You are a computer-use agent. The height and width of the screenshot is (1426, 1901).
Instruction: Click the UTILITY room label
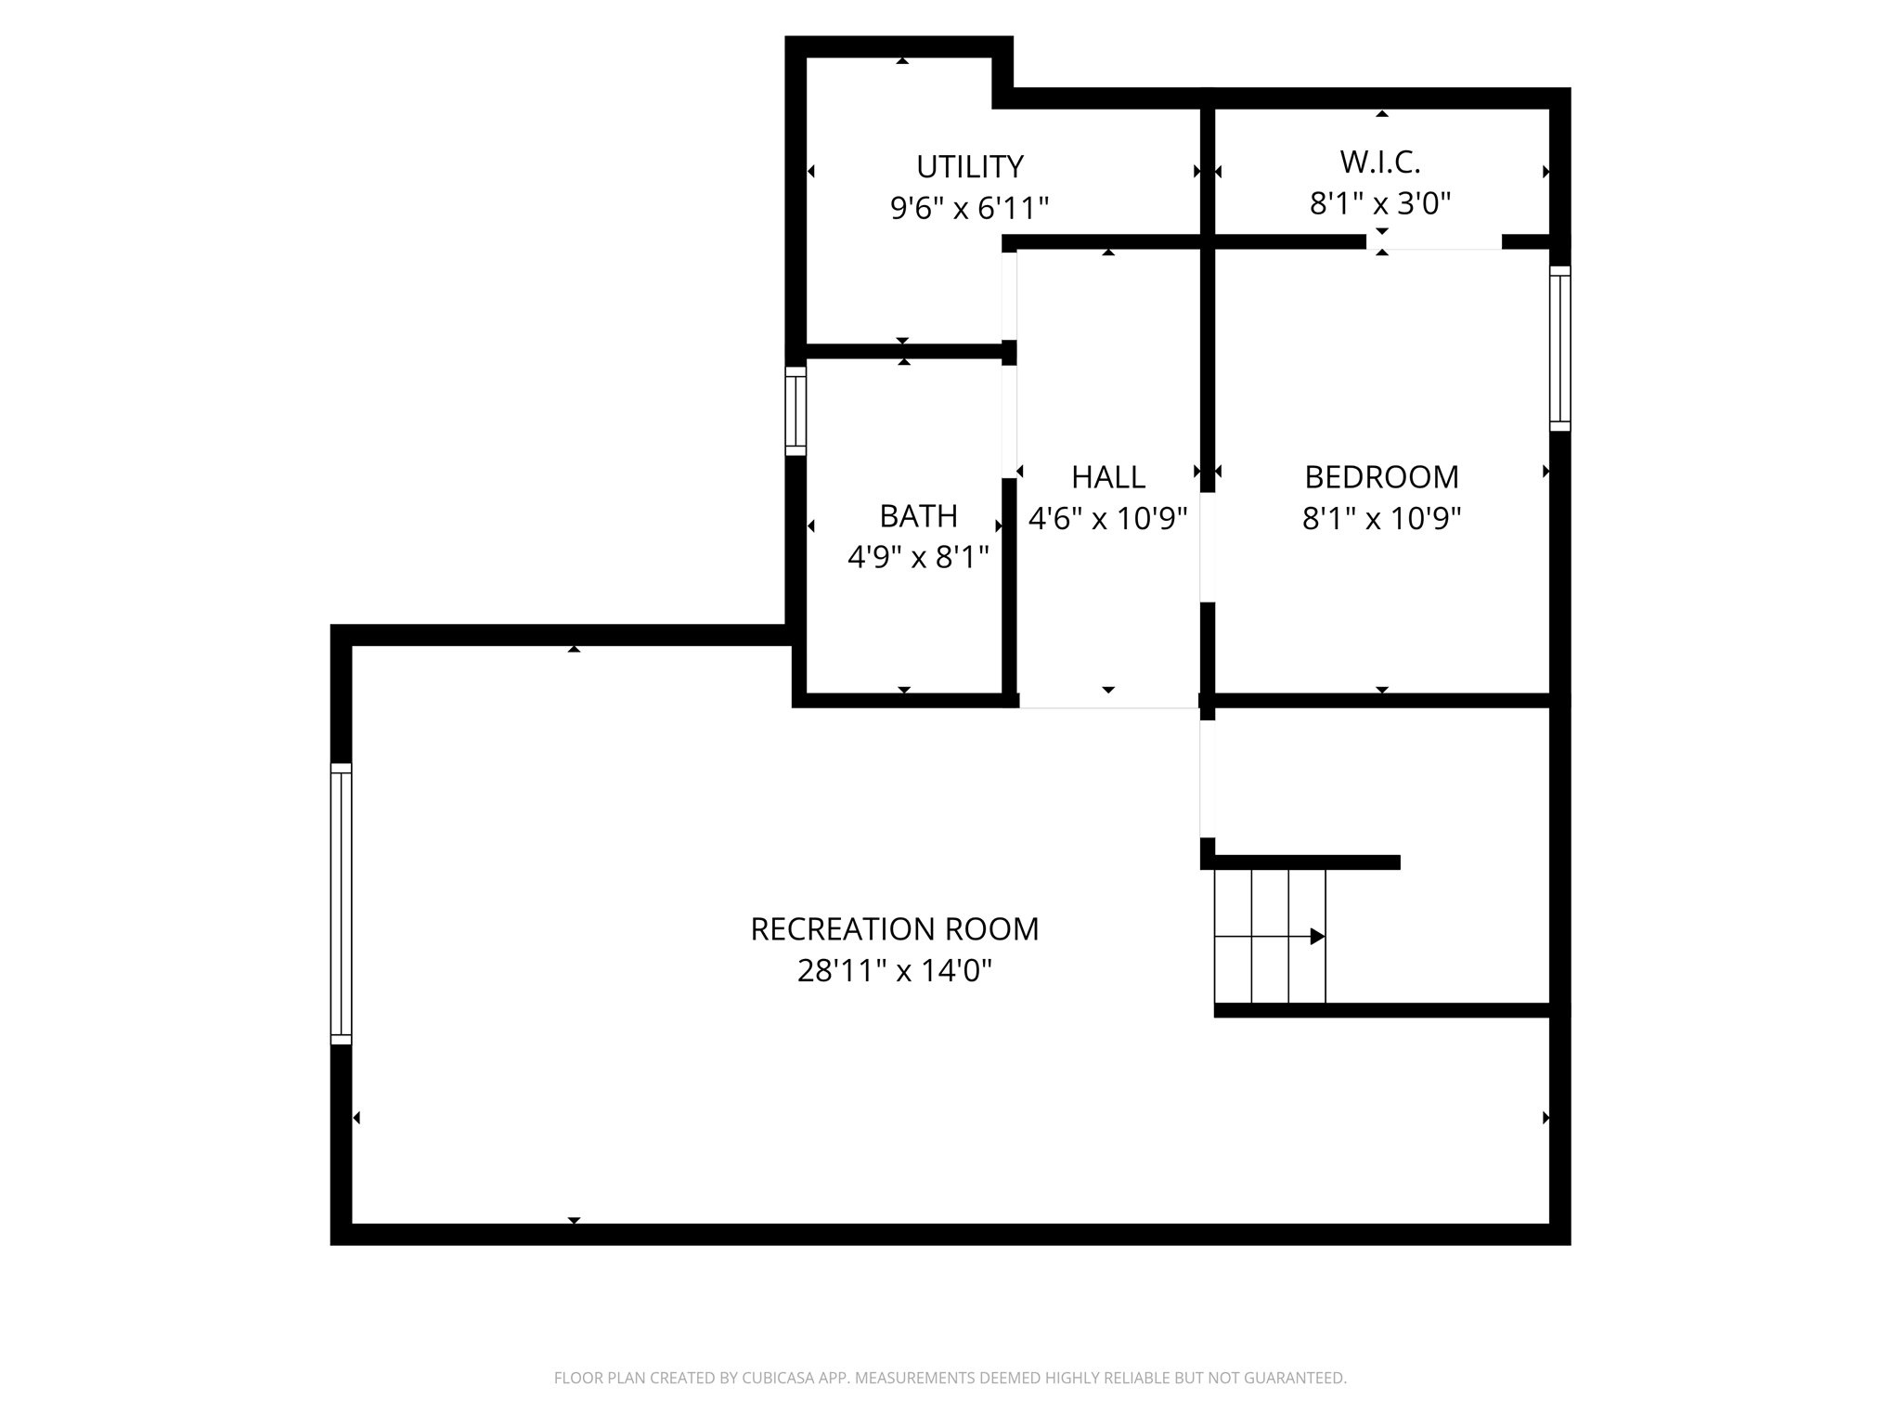(x=969, y=167)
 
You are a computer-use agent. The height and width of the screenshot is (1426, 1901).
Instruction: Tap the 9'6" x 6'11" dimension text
(x=969, y=208)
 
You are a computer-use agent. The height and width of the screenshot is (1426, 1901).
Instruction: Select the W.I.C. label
(x=1379, y=162)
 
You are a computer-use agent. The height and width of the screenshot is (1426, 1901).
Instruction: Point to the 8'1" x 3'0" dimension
(x=1379, y=203)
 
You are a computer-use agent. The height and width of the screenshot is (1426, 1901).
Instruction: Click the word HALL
(x=1107, y=477)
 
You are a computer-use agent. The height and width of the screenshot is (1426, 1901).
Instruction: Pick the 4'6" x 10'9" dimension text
(x=1107, y=518)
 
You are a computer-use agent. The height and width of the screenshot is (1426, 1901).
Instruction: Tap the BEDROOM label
(x=1381, y=477)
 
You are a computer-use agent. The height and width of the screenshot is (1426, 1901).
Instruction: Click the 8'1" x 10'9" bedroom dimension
(x=1381, y=518)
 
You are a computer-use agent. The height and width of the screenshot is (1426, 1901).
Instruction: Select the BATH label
(x=918, y=516)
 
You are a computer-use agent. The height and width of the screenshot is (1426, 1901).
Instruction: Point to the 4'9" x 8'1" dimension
(x=918, y=557)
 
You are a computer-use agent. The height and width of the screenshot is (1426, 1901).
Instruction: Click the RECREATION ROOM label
(x=894, y=929)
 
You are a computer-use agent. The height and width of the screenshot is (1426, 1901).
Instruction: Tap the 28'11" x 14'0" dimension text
(x=894, y=971)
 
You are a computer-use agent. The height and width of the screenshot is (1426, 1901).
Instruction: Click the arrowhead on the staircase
(x=1316, y=937)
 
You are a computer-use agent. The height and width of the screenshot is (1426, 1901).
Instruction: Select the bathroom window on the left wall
(x=795, y=411)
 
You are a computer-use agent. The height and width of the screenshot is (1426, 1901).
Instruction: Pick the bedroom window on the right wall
(x=1559, y=348)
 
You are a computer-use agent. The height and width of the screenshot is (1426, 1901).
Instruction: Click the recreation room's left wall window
(x=341, y=904)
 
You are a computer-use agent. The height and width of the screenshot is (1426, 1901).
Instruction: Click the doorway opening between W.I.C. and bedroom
(x=1433, y=242)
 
